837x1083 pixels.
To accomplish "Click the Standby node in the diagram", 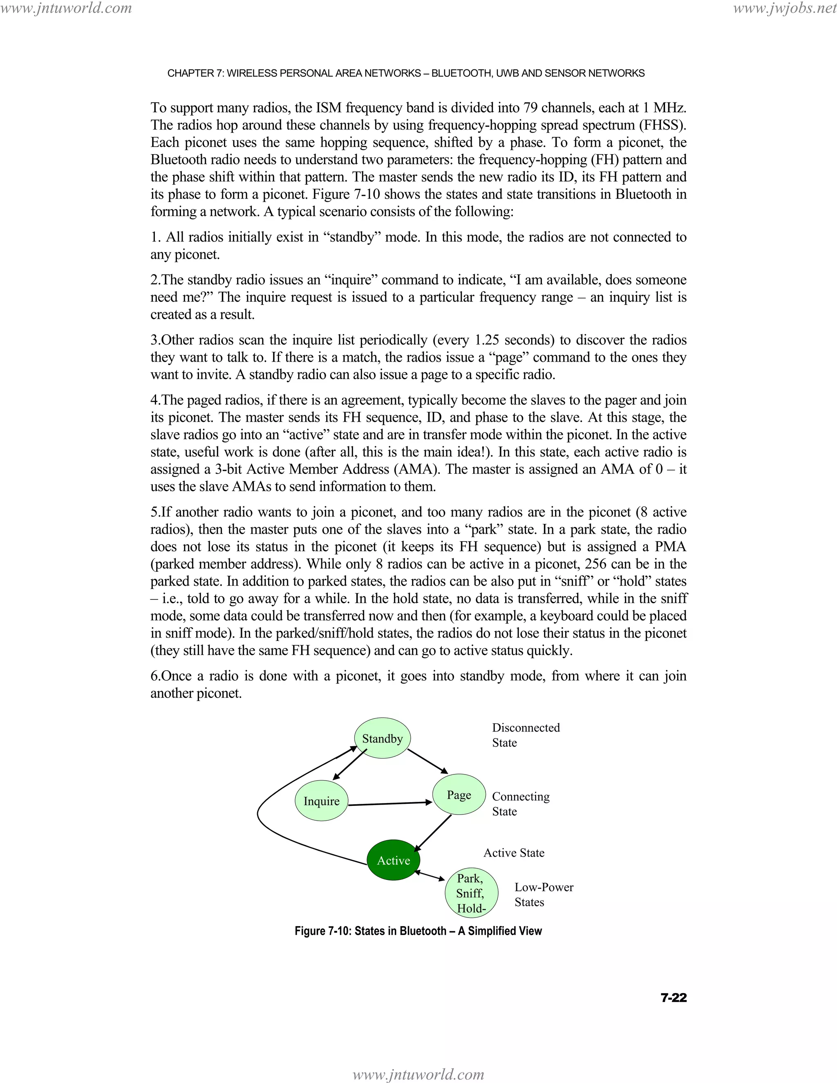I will [382, 738].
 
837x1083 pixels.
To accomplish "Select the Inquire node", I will [321, 801].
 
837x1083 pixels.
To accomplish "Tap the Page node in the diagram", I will [459, 795].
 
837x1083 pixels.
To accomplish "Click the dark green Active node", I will [393, 860].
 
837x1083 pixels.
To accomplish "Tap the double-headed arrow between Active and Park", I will [430, 876].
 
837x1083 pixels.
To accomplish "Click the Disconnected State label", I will [526, 735].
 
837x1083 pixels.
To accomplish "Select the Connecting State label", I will [521, 804].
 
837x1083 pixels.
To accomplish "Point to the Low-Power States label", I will [544, 895].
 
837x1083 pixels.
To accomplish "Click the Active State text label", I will [514, 853].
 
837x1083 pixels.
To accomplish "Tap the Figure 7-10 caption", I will [418, 931].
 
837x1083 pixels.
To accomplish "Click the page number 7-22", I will [674, 998].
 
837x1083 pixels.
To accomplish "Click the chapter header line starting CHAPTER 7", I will [405, 74].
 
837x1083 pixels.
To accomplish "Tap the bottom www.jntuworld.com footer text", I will [418, 1074].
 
